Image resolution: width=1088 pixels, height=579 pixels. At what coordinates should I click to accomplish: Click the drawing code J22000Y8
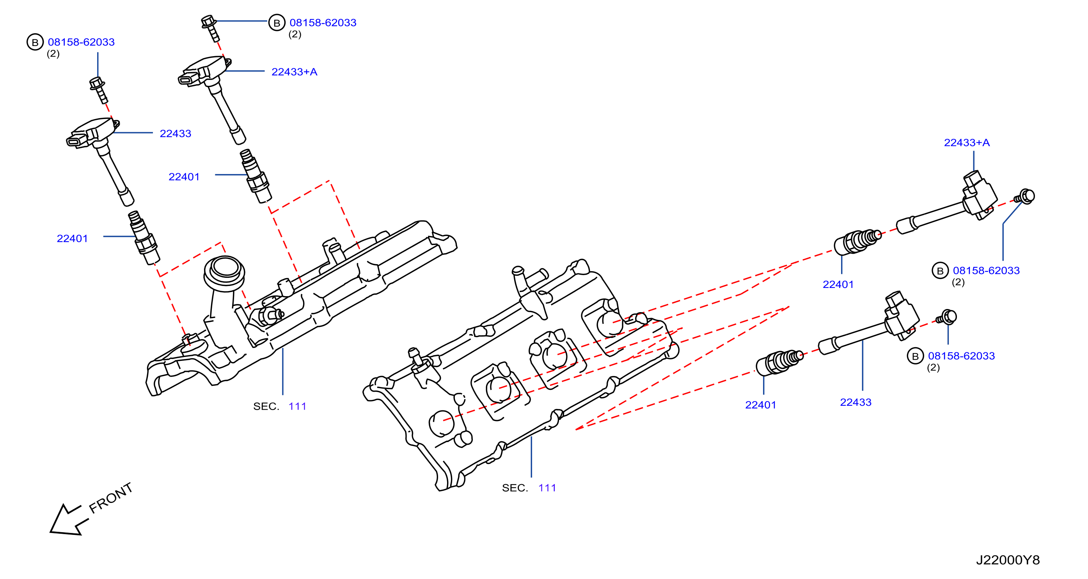click(x=1007, y=560)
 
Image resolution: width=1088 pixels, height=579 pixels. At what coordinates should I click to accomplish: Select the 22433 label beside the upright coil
click(x=175, y=133)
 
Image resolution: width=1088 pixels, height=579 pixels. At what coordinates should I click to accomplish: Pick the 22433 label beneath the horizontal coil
click(x=855, y=402)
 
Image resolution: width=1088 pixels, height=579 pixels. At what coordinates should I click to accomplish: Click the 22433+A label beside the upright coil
click(x=295, y=72)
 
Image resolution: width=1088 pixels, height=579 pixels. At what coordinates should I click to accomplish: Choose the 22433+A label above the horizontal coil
click(x=967, y=143)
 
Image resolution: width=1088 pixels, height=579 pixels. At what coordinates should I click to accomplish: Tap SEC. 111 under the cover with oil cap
click(x=280, y=406)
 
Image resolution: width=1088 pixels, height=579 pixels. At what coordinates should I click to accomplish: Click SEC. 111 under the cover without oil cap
click(x=529, y=488)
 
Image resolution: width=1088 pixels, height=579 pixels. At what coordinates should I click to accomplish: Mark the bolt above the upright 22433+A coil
click(x=211, y=28)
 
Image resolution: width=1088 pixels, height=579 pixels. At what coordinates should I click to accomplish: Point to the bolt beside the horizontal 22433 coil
click(x=947, y=317)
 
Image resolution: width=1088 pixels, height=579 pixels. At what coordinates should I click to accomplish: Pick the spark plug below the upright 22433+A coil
click(x=256, y=176)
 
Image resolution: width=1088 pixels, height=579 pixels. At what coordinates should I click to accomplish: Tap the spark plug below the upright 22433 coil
click(x=144, y=237)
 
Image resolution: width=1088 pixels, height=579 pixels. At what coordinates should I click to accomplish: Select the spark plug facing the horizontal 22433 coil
click(x=780, y=362)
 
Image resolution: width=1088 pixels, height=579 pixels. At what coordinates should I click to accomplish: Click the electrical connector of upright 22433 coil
click(x=77, y=140)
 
